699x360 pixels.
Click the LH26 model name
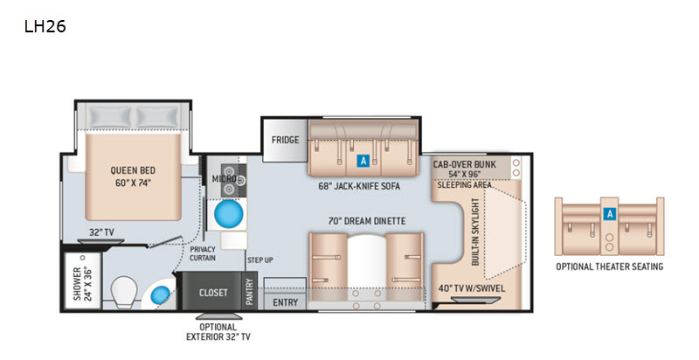45,27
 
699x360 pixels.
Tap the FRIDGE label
286,140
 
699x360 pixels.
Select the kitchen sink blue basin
229,214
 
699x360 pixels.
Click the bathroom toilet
123,292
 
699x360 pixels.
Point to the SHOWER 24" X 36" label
82,284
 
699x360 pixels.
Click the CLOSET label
213,293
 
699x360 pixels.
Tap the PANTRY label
249,291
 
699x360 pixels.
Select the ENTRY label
286,302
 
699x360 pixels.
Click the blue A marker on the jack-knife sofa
363,161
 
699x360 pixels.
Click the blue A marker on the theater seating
609,214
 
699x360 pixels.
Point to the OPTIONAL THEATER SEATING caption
609,267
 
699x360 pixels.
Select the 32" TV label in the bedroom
100,232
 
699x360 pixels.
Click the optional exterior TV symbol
219,316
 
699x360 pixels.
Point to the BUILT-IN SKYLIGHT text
475,232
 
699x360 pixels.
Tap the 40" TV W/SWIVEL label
472,288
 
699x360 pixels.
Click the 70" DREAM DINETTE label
367,221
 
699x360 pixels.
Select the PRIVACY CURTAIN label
203,253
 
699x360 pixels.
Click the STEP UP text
260,260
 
